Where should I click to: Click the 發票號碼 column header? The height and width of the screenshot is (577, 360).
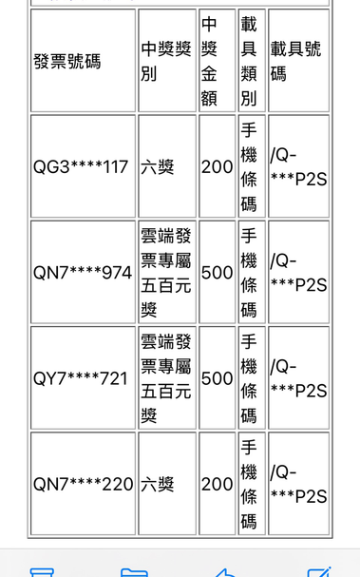pyautogui.click(x=66, y=61)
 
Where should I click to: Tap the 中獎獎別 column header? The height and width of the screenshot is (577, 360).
pyautogui.click(x=166, y=61)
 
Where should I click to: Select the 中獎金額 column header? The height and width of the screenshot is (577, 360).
pyautogui.click(x=209, y=61)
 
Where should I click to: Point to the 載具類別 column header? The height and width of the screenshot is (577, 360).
pyautogui.click(x=249, y=61)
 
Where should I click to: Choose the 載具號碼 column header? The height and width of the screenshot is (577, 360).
pyautogui.click(x=296, y=61)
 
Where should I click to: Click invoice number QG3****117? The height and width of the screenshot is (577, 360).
pyautogui.click(x=81, y=167)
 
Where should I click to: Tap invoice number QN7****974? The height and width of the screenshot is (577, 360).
pyautogui.click(x=83, y=273)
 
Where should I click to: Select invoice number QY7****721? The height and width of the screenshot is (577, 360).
pyautogui.click(x=81, y=378)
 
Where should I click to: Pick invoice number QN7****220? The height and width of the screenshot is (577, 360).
pyautogui.click(x=83, y=484)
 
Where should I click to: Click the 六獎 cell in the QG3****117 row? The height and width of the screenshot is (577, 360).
pyautogui.click(x=158, y=167)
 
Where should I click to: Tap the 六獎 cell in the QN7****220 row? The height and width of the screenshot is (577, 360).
pyautogui.click(x=158, y=484)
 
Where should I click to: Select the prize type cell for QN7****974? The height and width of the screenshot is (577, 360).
pyautogui.click(x=166, y=273)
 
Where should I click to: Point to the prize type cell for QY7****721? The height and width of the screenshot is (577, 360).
pyautogui.click(x=166, y=378)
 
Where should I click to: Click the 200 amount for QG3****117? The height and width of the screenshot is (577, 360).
pyautogui.click(x=217, y=167)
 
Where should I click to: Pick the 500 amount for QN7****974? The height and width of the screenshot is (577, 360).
pyautogui.click(x=217, y=273)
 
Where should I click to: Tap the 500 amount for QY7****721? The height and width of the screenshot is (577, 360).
pyautogui.click(x=217, y=378)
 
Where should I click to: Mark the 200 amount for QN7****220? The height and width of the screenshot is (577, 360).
pyautogui.click(x=217, y=484)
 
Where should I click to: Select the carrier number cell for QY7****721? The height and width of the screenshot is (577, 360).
pyautogui.click(x=298, y=378)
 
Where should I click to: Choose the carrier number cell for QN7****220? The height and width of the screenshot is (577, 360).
pyautogui.click(x=298, y=484)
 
